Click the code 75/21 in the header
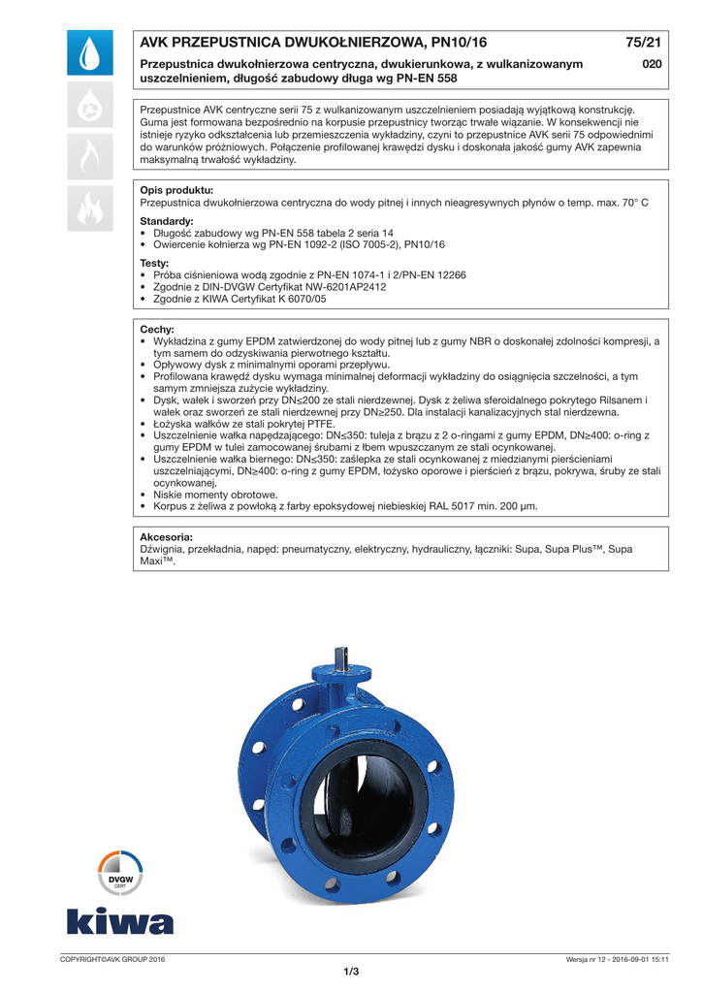(x=643, y=43)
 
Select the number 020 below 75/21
(x=652, y=64)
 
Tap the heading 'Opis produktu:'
(x=176, y=190)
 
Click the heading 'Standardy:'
(x=167, y=221)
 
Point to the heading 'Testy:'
(x=154, y=263)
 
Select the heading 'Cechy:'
(x=157, y=330)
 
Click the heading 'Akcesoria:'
(x=167, y=536)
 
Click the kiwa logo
(x=120, y=921)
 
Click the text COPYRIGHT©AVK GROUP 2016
(x=112, y=959)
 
